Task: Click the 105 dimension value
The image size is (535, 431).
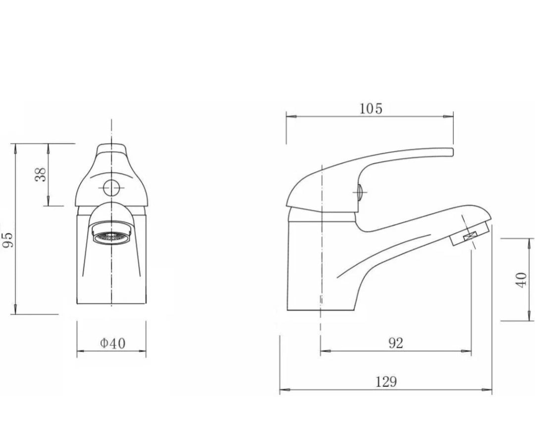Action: coord(371,108)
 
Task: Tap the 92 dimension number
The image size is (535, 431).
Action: coord(395,343)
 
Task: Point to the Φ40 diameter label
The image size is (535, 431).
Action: coord(112,343)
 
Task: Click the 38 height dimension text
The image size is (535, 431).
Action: coord(41,174)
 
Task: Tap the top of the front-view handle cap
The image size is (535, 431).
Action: coord(111,145)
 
